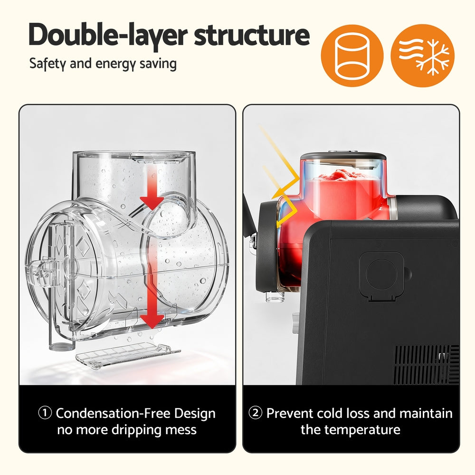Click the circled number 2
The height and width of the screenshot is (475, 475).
coord(255,413)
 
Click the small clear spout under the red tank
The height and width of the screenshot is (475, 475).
coord(275,296)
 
